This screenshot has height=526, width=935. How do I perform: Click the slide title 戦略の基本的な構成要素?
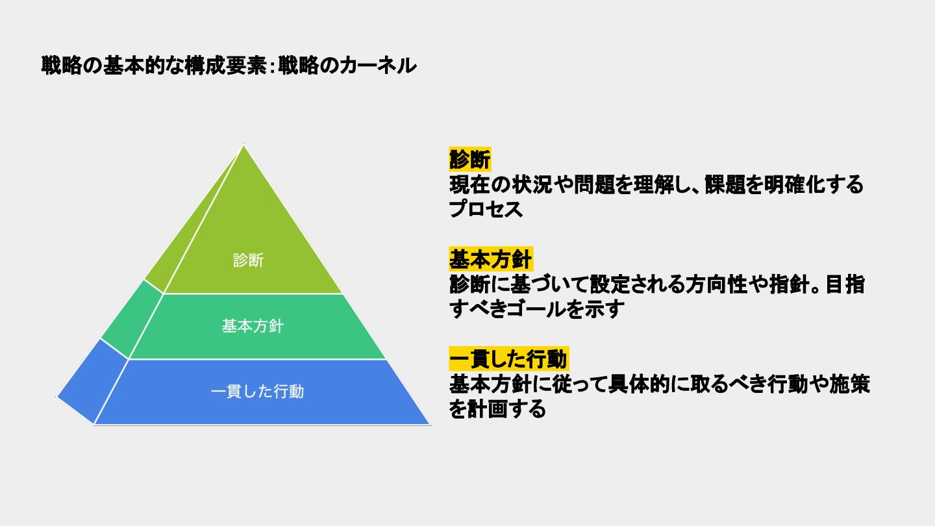pyautogui.click(x=153, y=66)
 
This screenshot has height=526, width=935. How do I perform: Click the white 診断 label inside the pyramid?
pyautogui.click(x=249, y=260)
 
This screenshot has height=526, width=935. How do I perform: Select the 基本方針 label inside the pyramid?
pyautogui.click(x=253, y=326)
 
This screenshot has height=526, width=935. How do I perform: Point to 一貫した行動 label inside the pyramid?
pyautogui.click(x=258, y=392)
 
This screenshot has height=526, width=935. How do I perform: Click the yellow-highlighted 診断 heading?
pyautogui.click(x=470, y=159)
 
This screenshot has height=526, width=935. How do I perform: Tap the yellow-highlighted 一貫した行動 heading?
pyautogui.click(x=509, y=358)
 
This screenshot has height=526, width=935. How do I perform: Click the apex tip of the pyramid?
pyautogui.click(x=243, y=145)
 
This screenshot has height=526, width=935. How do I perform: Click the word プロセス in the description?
pyautogui.click(x=486, y=209)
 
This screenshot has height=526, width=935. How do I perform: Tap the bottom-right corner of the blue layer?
pyautogui.click(x=429, y=423)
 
